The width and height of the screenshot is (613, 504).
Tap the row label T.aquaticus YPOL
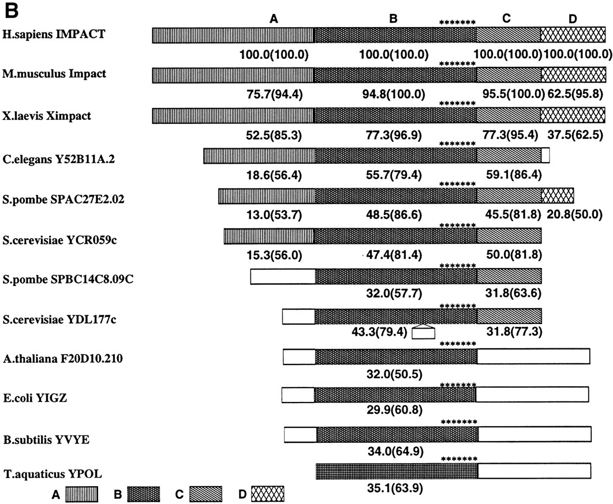[x=44, y=474]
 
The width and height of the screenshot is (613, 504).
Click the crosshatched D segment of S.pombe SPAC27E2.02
[x=558, y=195]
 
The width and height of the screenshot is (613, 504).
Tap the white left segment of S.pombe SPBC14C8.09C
[x=283, y=276]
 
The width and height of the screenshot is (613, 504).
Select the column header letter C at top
[x=506, y=18]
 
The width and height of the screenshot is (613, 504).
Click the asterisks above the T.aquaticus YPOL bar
[x=458, y=459]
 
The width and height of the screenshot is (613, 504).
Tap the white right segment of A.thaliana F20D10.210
[x=533, y=356]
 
